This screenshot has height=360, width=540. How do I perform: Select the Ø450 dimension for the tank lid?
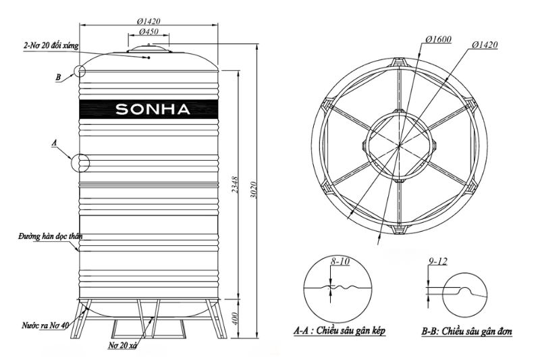[148, 32]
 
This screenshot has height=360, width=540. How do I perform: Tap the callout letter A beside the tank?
[55, 143]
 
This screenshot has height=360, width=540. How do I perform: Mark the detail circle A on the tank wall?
[80, 163]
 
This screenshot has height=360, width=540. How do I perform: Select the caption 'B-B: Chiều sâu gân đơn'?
[466, 332]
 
